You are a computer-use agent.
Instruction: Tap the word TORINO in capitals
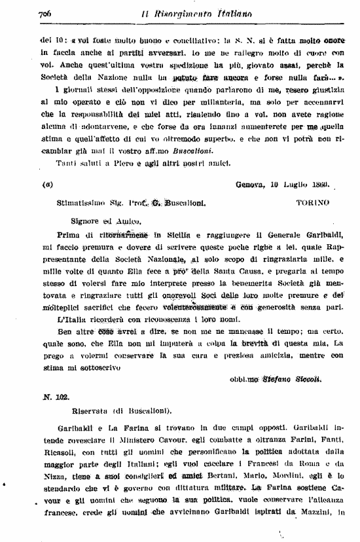click(x=313, y=203)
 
